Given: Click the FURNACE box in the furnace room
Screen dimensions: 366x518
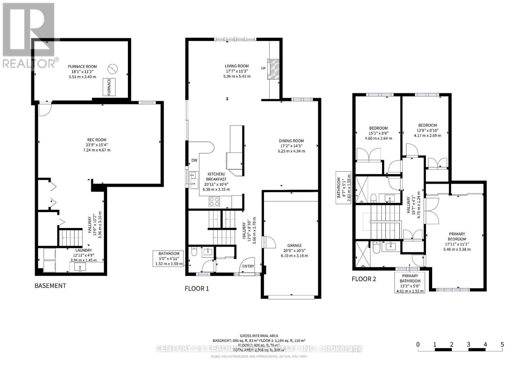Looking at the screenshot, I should [x=109, y=87].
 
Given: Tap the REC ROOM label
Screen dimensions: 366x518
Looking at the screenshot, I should [x=96, y=140].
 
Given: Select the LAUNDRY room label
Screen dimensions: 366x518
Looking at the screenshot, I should [x=84, y=250].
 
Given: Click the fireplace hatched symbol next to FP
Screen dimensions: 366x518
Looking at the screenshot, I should [x=274, y=69].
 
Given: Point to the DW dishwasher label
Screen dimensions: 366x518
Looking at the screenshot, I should [x=194, y=160].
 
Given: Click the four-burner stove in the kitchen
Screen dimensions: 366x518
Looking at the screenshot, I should [x=214, y=202].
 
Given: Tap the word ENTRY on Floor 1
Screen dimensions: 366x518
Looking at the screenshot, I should [x=248, y=266].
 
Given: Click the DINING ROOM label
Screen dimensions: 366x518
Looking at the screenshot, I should [x=291, y=141].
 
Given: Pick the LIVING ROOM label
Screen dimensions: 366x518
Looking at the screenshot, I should [x=237, y=66].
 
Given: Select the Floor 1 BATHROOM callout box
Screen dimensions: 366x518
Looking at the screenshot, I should [x=169, y=259].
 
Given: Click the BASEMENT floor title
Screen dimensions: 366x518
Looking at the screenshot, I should [x=50, y=285].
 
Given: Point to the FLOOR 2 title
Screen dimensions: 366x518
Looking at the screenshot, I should [x=364, y=279].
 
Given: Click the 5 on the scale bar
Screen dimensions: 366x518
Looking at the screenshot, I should [x=502, y=344].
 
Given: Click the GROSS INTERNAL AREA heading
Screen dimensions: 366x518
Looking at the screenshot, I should [x=259, y=336].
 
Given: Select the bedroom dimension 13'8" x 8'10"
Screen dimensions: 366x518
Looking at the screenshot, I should [x=427, y=130].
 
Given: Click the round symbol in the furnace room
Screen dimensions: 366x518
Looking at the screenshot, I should [x=113, y=68].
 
